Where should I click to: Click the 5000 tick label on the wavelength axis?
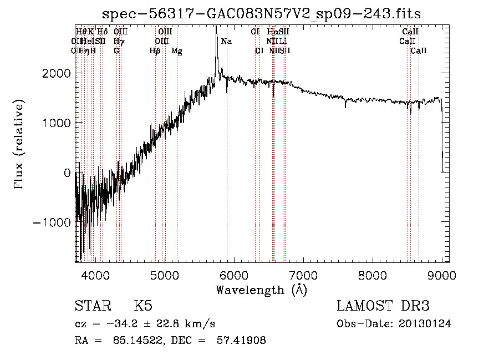click(165, 274)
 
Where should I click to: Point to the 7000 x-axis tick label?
click(303, 274)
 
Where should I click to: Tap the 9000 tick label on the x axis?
click(441, 274)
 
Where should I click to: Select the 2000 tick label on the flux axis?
click(58, 73)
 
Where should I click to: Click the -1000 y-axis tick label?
click(54, 222)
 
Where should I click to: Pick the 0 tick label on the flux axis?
click(67, 173)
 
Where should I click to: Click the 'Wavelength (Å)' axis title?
click(261, 290)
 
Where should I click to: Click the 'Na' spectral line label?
click(226, 42)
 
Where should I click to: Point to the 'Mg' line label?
click(176, 51)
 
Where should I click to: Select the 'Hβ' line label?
click(155, 51)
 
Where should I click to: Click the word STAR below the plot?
click(92, 306)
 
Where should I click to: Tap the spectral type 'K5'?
click(143, 306)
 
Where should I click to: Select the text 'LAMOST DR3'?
click(383, 306)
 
